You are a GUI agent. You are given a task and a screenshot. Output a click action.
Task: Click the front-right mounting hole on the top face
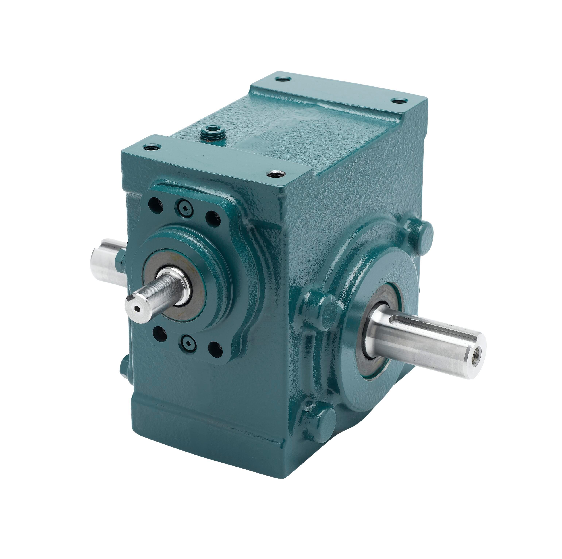tap(276, 174)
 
